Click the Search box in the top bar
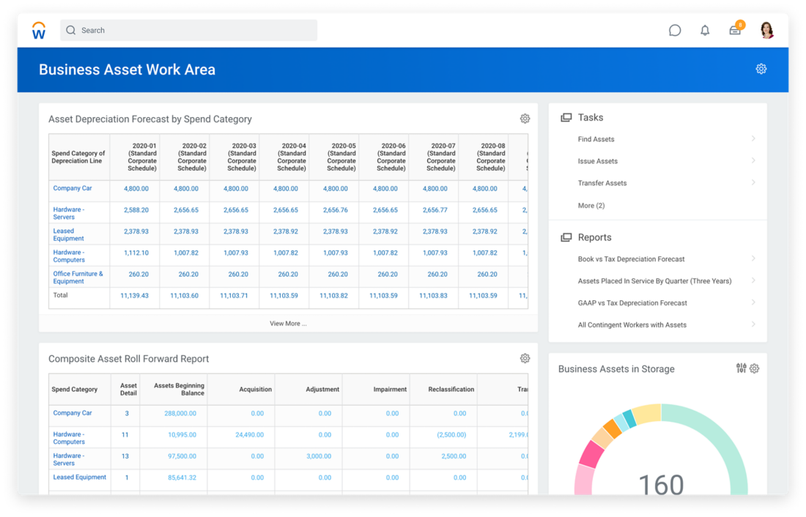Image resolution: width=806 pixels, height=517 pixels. pos(188,30)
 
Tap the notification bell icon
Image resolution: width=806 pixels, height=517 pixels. pos(705,30)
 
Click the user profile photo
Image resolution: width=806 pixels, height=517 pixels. pos(766,30)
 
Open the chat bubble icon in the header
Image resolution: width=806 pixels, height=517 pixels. pos(675,30)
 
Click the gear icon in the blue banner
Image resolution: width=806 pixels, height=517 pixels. pos(761,69)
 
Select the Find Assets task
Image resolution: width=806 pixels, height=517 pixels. pos(596,139)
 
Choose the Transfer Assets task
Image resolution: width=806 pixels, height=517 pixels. pos(602,183)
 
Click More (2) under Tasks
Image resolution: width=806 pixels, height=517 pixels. pos(591,206)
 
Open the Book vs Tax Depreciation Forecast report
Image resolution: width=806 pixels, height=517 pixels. pos(631,259)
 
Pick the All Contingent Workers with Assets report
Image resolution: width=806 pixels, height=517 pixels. pos(632,325)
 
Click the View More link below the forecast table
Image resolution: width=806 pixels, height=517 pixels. pos(288,324)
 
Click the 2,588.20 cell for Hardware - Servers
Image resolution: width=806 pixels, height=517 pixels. pos(136,210)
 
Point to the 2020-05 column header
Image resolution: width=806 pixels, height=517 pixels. pos(341,157)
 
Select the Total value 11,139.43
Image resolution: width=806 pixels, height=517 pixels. pos(134,296)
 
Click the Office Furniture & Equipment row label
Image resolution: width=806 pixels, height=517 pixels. pos(78,278)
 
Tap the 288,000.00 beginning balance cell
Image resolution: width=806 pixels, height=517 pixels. pos(180,414)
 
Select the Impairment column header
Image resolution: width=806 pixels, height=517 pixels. pos(390,390)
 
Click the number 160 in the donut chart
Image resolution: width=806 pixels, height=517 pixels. pos(660,484)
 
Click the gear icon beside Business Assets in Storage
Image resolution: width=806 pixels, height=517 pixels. pos(755,368)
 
